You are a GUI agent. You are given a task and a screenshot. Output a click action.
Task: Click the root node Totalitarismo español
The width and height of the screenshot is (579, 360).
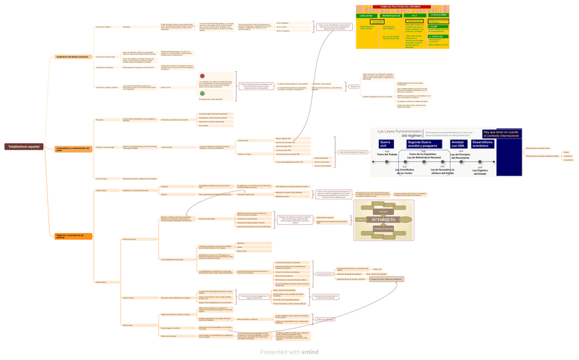24,146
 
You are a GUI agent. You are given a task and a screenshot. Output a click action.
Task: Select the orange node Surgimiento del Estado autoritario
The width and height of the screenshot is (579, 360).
73,57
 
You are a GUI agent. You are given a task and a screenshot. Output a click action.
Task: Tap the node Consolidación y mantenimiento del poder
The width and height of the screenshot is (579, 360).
73,148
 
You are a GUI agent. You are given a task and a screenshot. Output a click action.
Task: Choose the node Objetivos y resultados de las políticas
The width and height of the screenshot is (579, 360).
73,236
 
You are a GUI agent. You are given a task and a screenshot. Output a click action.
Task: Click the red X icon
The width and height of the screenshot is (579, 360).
202,76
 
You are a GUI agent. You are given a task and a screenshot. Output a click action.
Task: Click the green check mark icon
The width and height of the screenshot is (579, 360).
202,94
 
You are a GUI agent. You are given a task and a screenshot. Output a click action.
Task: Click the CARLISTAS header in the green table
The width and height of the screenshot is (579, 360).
366,15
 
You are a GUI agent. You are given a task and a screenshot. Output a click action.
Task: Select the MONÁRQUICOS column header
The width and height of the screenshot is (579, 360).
391,15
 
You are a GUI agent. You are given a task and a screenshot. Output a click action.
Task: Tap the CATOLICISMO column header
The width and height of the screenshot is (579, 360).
438,15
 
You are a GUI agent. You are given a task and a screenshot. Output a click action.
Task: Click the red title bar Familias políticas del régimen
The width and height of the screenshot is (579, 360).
401,7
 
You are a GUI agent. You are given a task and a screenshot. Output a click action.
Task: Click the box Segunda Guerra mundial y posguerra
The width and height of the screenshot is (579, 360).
423,144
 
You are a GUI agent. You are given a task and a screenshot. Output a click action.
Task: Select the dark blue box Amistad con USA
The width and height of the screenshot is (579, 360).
458,144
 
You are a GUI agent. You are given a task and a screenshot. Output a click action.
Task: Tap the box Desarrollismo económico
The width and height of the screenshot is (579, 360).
482,144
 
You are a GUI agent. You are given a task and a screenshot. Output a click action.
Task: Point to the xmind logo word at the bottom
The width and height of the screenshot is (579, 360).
309,352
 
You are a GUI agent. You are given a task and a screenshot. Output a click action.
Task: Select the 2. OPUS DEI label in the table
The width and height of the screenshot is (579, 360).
437,36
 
